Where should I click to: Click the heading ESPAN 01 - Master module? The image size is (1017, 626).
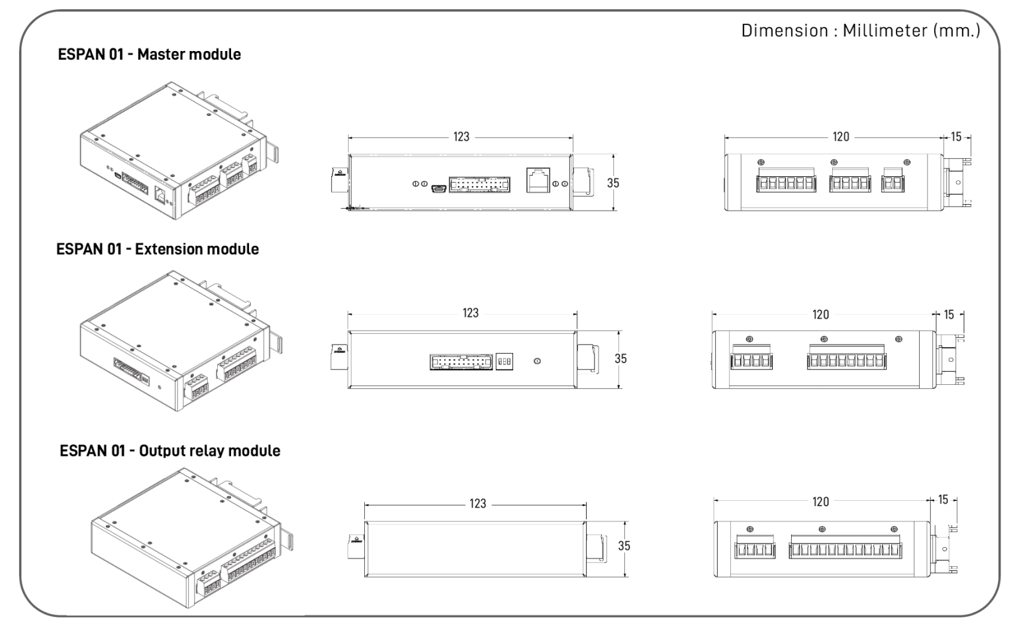[150, 54]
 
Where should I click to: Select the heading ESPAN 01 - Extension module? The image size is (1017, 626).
[158, 249]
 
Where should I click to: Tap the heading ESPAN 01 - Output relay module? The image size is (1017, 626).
[170, 450]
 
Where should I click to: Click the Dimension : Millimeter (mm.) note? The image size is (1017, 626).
[860, 31]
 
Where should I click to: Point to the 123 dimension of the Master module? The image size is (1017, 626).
[461, 136]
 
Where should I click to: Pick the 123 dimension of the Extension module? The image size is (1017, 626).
[470, 313]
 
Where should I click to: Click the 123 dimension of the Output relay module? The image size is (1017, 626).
[477, 503]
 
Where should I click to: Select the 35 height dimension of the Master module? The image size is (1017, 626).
[613, 183]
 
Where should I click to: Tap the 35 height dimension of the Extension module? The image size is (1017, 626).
[620, 358]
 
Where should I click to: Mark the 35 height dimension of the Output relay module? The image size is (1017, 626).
[624, 546]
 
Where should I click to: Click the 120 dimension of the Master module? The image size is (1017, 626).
[840, 136]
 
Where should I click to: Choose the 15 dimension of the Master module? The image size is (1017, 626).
[956, 136]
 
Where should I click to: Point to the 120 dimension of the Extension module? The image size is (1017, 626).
[820, 315]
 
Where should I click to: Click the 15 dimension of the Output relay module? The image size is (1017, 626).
[943, 499]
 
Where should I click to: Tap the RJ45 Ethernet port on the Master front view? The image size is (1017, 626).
[538, 180]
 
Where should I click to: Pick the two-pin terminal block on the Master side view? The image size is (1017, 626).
[893, 182]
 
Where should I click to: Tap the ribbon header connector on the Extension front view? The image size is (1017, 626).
[461, 362]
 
